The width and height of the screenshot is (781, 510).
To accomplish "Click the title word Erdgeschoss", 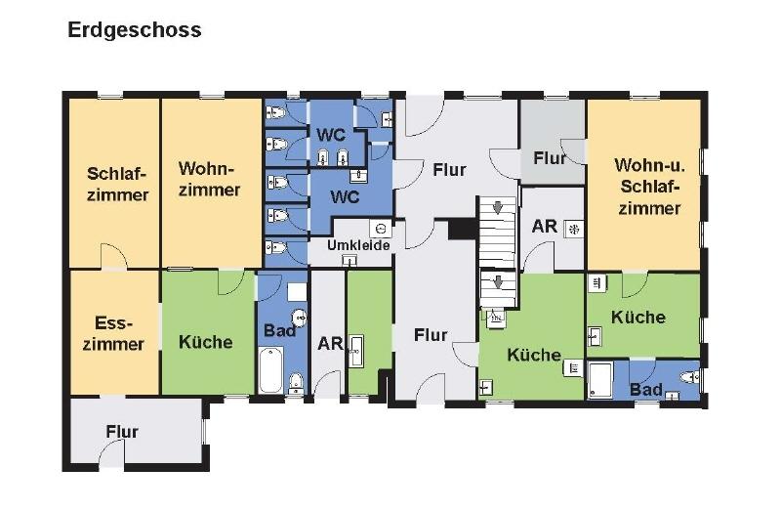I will [x=135, y=30].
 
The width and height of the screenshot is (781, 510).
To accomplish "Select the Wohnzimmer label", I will [x=209, y=179].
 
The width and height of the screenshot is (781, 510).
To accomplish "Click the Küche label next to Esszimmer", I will [x=206, y=342].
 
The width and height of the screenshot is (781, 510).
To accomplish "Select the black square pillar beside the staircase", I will [x=460, y=231].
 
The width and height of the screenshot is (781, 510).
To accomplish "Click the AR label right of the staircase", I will [x=544, y=227].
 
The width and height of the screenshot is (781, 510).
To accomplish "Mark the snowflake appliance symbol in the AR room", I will [x=573, y=229].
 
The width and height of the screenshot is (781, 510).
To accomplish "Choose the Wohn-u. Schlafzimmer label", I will [x=645, y=186].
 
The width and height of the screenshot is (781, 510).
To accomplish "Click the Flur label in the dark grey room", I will [x=550, y=158].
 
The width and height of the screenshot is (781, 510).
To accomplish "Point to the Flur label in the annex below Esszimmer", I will [x=123, y=432].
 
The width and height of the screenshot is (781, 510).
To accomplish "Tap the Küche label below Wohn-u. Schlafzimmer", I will [x=638, y=317].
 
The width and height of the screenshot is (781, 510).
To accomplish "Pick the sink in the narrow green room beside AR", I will [x=356, y=348].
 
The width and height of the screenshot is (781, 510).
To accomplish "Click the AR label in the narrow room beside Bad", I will [x=330, y=344].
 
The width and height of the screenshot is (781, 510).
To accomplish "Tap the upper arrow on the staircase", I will [x=497, y=208].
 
